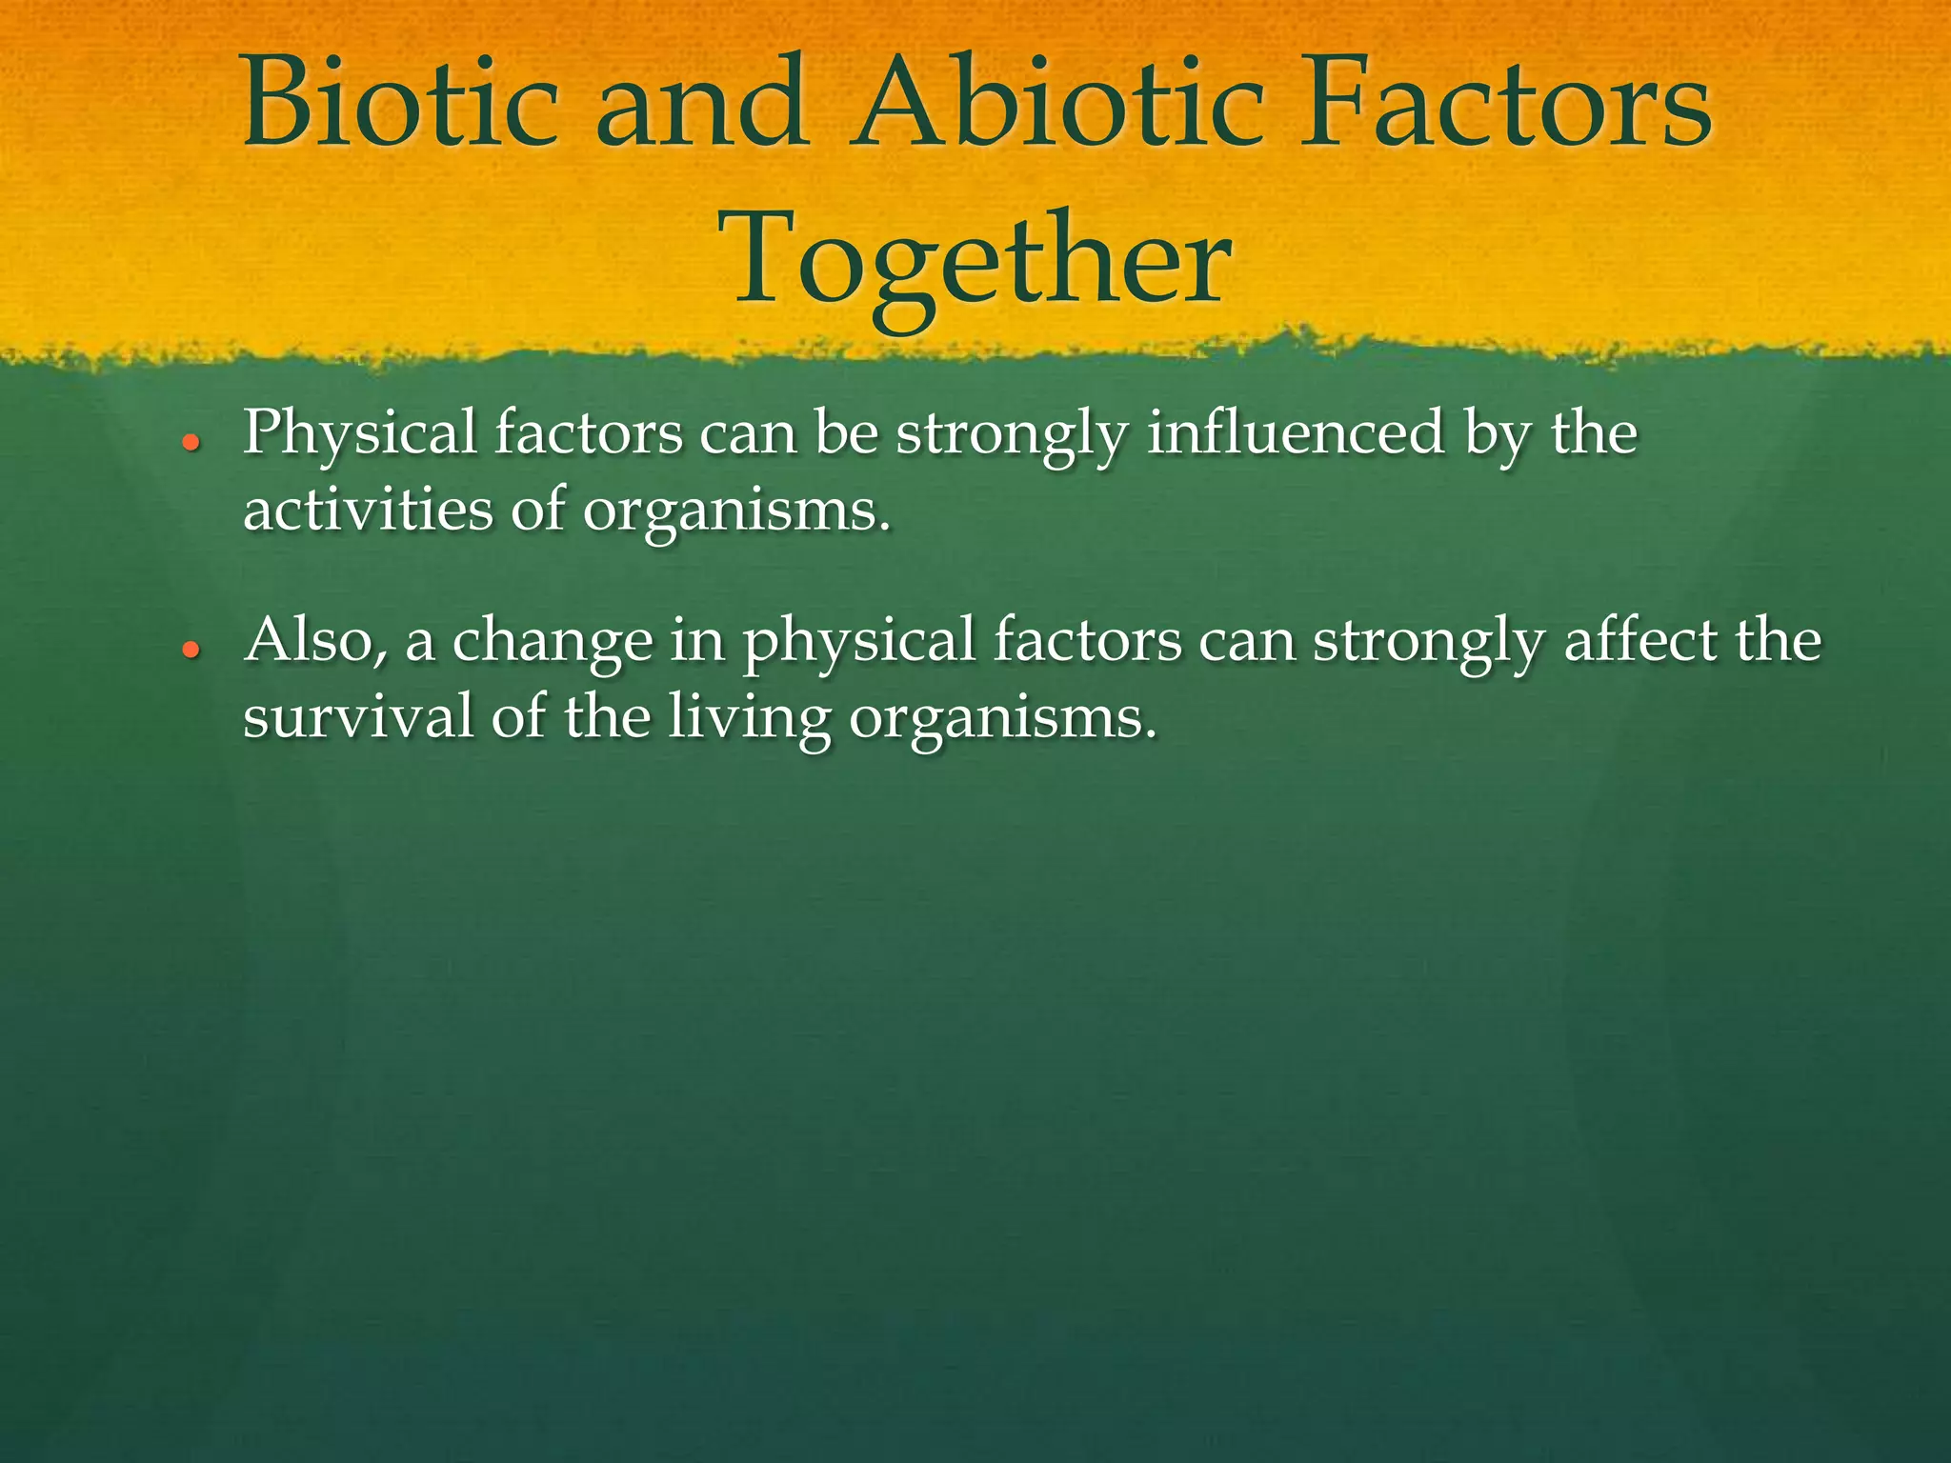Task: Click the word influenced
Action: (x=1296, y=433)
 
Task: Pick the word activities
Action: (x=368, y=510)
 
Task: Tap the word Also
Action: (x=314, y=641)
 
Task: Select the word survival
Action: (x=357, y=716)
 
